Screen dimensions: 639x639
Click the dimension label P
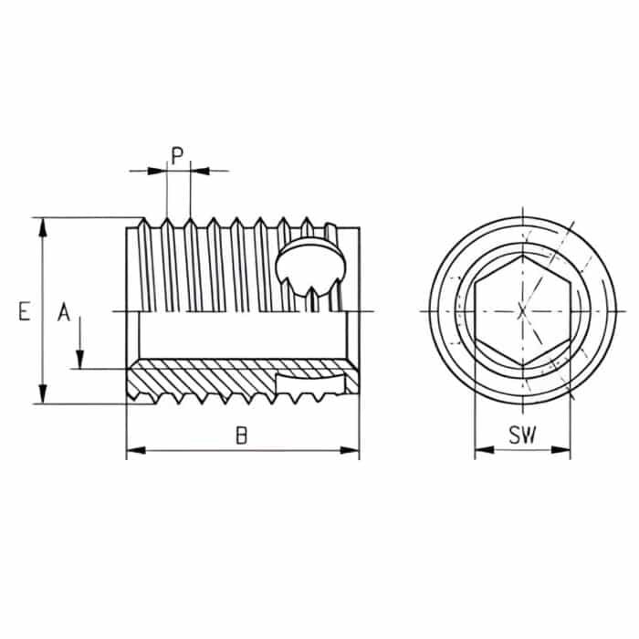click(179, 152)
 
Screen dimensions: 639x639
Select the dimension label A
click(64, 313)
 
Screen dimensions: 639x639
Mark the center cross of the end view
click(522, 311)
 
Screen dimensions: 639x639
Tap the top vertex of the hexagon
click(522, 257)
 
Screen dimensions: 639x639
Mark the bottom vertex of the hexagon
click(522, 366)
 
